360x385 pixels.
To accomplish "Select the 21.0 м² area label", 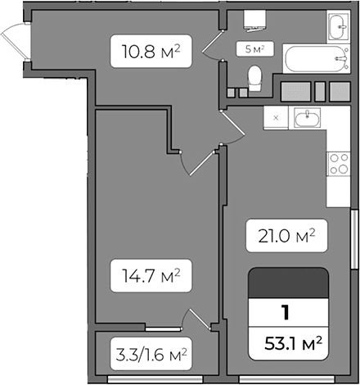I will [x=281, y=238].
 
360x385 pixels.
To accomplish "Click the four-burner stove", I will [x=337, y=163].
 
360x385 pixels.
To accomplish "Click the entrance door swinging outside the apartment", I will [x=16, y=43].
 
